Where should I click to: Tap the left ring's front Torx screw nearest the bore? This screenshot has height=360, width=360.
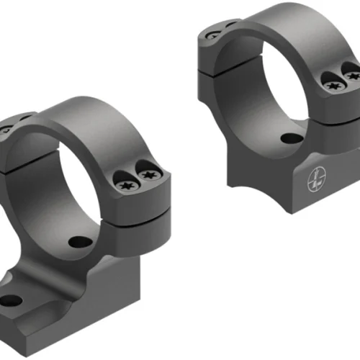125,185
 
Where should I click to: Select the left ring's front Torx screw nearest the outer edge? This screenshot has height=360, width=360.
148,175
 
